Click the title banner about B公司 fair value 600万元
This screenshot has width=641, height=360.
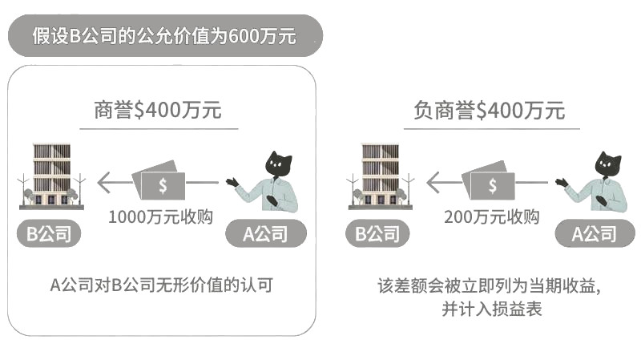(163, 36)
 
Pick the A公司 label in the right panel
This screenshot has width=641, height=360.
(594, 234)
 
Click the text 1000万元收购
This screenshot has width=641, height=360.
(160, 216)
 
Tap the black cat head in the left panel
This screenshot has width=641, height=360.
(280, 164)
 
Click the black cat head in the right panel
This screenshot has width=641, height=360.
(608, 164)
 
